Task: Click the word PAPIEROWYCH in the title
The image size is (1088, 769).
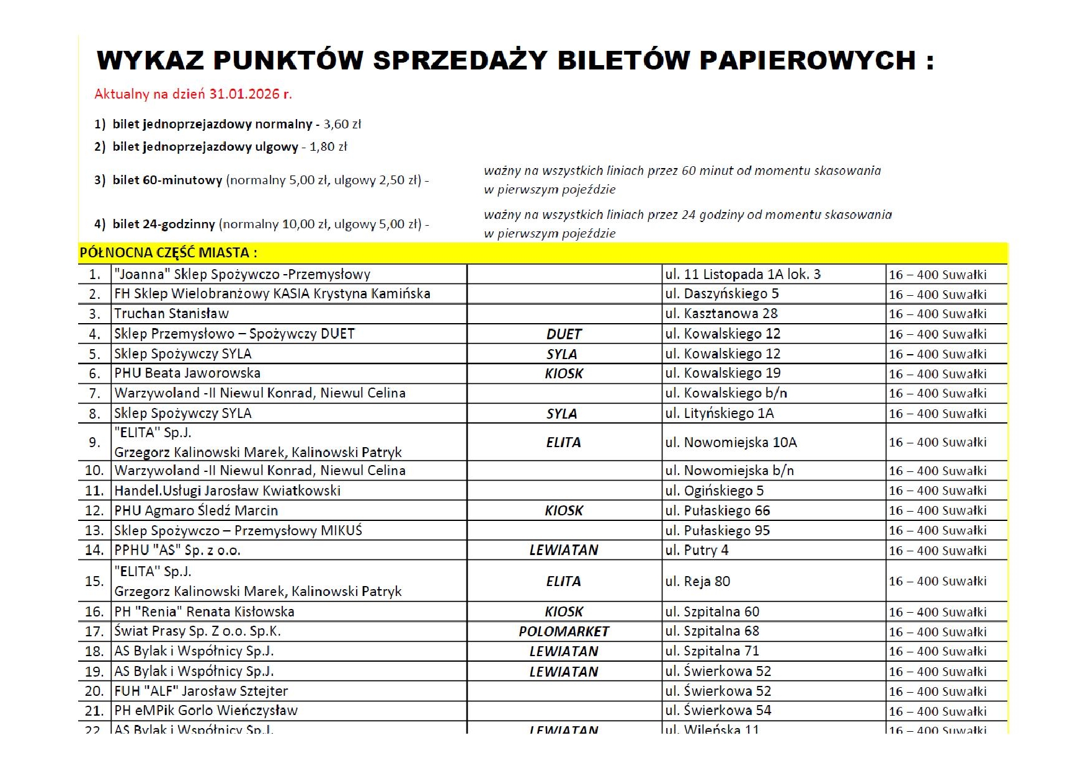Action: [x=807, y=60]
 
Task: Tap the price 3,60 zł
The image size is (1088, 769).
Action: [x=342, y=124]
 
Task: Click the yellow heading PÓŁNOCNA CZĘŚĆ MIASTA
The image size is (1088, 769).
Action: [x=168, y=253]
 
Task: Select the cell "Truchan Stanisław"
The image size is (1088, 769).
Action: [x=171, y=314]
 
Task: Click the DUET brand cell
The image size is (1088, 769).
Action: [x=563, y=334]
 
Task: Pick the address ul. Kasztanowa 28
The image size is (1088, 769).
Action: [x=721, y=314]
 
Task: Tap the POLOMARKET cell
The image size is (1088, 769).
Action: [x=563, y=632]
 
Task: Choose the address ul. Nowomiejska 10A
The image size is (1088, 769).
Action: [x=731, y=443]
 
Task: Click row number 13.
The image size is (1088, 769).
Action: [x=94, y=531]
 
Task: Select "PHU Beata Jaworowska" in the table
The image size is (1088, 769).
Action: [x=187, y=373]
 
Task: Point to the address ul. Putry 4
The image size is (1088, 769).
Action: [x=697, y=551]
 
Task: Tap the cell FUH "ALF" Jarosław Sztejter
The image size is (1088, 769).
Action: [x=201, y=691]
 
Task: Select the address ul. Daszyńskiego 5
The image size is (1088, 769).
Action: [x=721, y=294]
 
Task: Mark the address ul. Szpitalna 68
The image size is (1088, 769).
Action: [x=712, y=631]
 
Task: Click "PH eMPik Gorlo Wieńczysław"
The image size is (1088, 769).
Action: [x=206, y=711]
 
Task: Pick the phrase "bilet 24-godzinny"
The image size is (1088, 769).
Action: [x=164, y=224]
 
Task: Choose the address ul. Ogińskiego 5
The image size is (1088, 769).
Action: [x=714, y=491]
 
